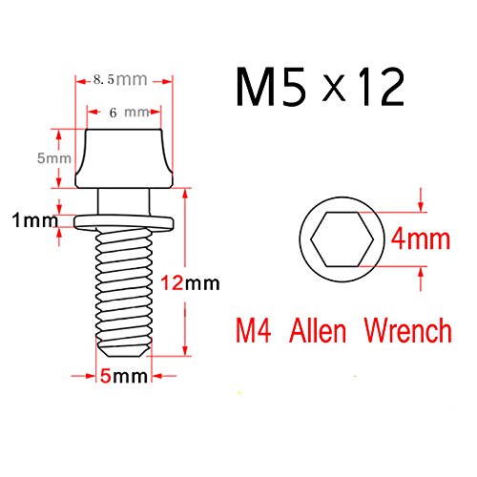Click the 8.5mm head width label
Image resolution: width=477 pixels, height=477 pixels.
120,79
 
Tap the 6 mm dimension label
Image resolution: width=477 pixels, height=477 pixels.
129,113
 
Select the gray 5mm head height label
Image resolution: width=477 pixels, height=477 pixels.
54,158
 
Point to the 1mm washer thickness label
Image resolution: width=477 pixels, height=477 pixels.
35,220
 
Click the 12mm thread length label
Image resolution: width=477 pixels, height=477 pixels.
190,283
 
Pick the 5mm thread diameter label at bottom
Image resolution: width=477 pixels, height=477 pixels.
124,376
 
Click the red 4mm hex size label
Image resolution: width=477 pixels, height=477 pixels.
421,239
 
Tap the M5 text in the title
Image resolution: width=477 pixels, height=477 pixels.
271,87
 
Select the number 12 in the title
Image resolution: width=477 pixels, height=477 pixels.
382,87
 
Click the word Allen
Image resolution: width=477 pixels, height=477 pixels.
318,331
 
